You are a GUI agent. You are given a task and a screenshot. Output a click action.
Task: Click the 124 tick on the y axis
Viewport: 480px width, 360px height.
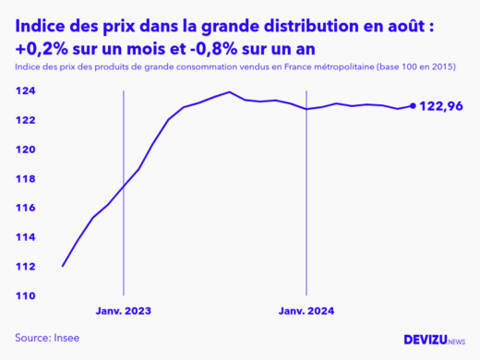25,91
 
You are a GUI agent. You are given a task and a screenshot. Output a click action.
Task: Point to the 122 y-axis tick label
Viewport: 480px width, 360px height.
25,120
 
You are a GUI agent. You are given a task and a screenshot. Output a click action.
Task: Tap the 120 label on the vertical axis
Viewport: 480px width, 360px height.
25,150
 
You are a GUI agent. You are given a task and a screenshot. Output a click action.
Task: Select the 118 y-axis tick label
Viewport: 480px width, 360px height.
25,179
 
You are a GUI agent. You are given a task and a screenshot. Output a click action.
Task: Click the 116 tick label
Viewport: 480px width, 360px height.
25,208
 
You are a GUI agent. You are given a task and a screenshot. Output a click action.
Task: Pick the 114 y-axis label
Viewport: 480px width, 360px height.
25,237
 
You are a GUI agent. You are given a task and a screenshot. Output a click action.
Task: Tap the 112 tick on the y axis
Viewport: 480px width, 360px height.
25,267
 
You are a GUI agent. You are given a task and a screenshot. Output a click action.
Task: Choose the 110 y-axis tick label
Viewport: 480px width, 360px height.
25,295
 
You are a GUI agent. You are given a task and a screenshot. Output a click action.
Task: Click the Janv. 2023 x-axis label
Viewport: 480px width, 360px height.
123,312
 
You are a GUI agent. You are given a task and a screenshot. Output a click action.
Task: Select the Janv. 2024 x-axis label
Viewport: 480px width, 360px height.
307,312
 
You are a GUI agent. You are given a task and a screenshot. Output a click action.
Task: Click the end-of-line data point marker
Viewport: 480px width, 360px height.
413,105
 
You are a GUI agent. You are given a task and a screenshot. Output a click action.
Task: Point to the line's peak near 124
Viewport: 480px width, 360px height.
229,91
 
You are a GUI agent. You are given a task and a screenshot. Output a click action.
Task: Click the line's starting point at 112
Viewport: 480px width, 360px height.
62,266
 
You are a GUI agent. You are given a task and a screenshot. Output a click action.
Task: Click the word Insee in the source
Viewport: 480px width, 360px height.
67,338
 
